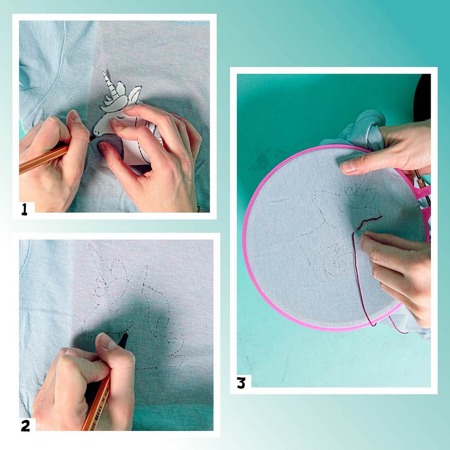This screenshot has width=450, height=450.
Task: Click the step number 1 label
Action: click(x=24, y=209)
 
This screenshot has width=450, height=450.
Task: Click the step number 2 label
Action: click(x=25, y=426)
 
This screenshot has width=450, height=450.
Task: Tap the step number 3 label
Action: click(x=241, y=383)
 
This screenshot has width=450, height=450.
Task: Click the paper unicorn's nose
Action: click(x=96, y=132)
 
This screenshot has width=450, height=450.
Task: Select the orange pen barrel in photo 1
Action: click(x=43, y=159)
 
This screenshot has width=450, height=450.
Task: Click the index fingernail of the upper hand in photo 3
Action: click(x=347, y=167)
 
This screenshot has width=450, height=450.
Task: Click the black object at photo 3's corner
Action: click(x=422, y=97)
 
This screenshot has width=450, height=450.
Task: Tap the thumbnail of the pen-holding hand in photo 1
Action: click(x=75, y=116)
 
